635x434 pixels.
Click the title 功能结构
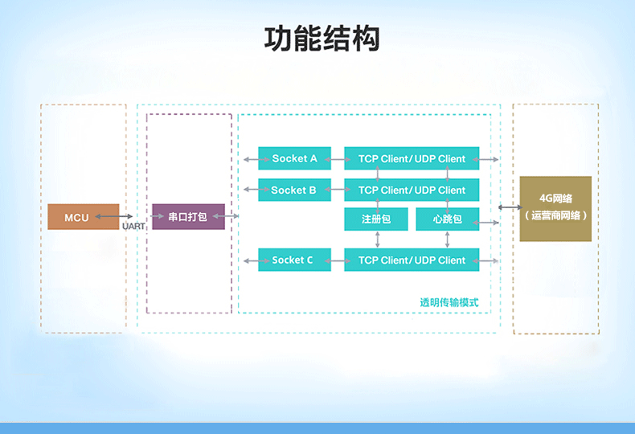(322, 39)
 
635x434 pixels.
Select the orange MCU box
(84, 217)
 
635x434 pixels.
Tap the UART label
(133, 226)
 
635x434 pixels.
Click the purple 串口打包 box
(188, 216)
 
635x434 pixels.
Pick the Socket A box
(294, 158)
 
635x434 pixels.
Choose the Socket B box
(294, 190)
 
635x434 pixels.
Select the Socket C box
(294, 260)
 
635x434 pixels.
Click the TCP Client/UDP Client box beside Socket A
(412, 158)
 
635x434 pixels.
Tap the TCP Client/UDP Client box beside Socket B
(412, 190)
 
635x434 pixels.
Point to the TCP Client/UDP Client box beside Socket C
(412, 260)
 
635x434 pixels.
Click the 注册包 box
(376, 219)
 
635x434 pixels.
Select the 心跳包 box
(448, 219)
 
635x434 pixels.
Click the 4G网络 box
(555, 209)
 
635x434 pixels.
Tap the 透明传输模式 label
(449, 302)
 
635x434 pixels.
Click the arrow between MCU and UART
(114, 216)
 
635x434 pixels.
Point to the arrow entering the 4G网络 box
(510, 207)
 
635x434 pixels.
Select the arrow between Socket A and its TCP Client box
(338, 159)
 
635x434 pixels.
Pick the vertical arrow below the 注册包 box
(378, 240)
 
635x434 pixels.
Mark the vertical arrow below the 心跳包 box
(447, 240)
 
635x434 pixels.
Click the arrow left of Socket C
(256, 260)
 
